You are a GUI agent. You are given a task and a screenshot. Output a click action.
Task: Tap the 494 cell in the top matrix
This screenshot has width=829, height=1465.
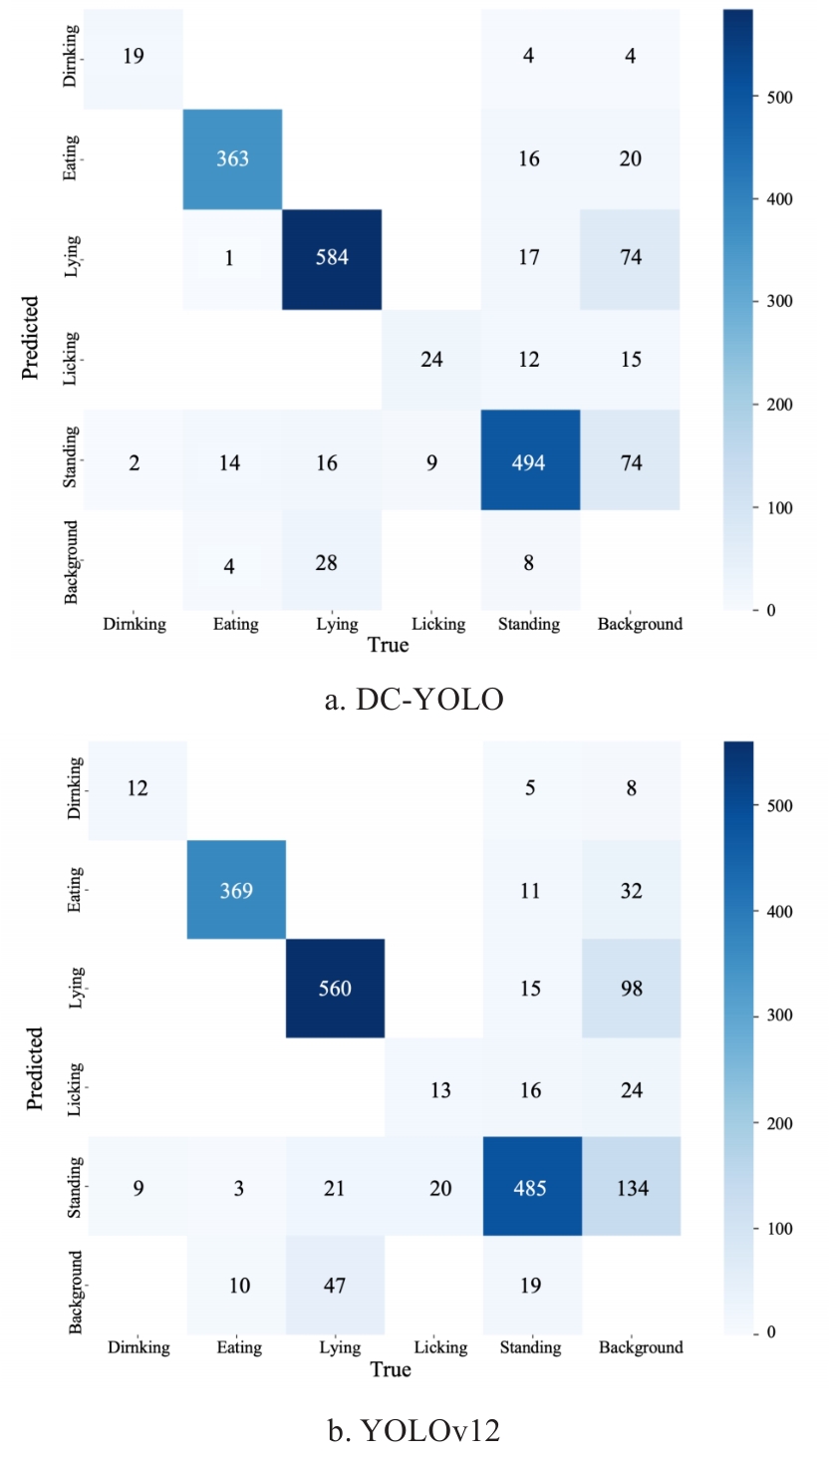click(x=528, y=461)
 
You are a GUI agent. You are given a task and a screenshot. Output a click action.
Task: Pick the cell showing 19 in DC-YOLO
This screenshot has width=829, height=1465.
click(x=134, y=56)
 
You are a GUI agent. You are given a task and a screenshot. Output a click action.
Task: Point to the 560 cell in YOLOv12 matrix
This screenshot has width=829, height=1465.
click(x=335, y=988)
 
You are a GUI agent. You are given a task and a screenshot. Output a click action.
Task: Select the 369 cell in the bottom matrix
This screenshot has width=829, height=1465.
click(x=236, y=889)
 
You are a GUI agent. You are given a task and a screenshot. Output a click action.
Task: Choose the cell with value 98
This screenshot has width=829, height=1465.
click(x=633, y=988)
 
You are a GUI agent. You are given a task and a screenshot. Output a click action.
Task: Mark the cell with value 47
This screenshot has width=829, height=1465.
click(x=335, y=1285)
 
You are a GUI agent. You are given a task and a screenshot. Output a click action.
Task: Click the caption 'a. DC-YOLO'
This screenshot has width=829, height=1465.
click(x=414, y=699)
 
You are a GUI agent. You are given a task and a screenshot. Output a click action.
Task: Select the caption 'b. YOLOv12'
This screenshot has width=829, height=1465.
click(x=414, y=1432)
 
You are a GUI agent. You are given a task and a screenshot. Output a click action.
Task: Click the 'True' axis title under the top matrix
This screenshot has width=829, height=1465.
click(x=388, y=645)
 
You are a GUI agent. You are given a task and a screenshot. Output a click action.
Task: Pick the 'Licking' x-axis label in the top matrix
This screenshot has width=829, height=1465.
click(x=438, y=624)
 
